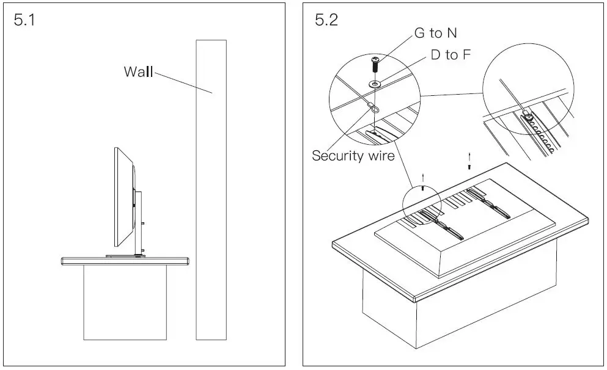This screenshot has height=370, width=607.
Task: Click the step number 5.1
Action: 24,20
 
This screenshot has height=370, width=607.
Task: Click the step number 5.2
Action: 326,20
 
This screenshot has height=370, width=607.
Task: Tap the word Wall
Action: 138,71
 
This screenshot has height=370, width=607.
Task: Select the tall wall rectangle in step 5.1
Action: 211,195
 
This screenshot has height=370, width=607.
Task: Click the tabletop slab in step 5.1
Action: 125,261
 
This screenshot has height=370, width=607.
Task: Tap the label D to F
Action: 451,55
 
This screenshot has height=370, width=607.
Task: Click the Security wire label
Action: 353,155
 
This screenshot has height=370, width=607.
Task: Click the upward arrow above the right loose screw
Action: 469,156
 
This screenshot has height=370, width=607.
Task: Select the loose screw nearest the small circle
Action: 422,188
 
